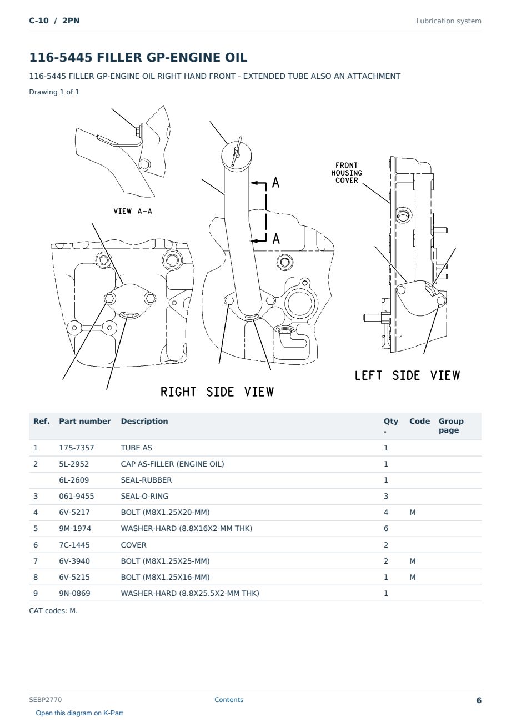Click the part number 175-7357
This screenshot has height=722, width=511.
tap(77, 448)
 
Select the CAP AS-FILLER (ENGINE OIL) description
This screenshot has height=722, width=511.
tap(172, 464)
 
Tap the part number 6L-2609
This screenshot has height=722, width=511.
tap(74, 480)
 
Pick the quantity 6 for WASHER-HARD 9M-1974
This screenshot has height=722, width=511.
tap(386, 528)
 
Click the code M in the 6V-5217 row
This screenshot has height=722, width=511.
tap(412, 512)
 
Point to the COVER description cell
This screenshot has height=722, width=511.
tap(133, 545)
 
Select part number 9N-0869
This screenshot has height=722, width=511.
tap(74, 593)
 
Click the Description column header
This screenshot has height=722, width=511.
tap(144, 421)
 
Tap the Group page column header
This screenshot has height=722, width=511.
tap(451, 425)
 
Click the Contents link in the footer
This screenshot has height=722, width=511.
tap(229, 699)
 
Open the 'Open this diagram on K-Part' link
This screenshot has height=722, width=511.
tap(79, 713)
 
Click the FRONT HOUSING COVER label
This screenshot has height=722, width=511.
tap(347, 173)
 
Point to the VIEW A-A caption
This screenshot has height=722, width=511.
tap(133, 211)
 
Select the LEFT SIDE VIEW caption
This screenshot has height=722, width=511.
tap(407, 375)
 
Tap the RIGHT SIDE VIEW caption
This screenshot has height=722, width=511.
tap(217, 392)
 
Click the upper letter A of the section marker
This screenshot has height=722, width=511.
tap(275, 182)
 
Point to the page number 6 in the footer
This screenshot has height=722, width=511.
tap(479, 700)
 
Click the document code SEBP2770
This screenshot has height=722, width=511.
tap(46, 699)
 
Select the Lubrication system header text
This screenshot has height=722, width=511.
tap(449, 21)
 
